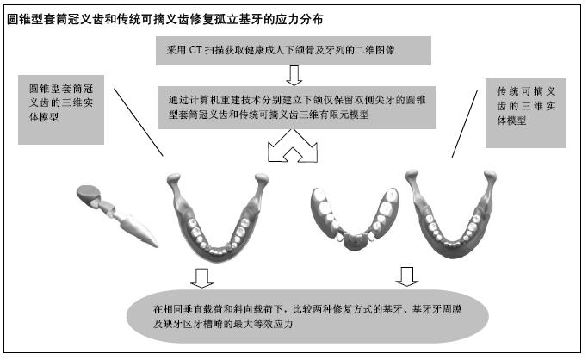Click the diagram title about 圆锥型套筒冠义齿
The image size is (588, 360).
click(x=165, y=19)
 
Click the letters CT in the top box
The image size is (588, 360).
click(x=195, y=50)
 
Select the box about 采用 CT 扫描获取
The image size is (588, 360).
click(x=294, y=51)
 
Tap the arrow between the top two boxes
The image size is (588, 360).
click(x=294, y=76)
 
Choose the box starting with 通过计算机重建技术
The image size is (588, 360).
click(x=297, y=108)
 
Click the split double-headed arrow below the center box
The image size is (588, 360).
click(x=293, y=146)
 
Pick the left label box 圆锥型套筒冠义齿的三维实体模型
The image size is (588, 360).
click(x=61, y=109)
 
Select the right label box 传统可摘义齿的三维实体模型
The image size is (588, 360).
click(x=526, y=113)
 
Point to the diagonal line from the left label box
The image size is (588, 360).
click(x=139, y=122)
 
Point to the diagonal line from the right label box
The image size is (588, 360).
click(x=465, y=124)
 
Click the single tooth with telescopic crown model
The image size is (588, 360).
click(x=117, y=215)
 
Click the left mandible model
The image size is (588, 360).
click(x=218, y=216)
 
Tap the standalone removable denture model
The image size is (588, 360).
click(x=355, y=219)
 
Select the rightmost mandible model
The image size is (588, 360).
click(x=451, y=214)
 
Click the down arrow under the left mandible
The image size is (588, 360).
click(x=201, y=278)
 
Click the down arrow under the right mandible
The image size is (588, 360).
click(x=407, y=276)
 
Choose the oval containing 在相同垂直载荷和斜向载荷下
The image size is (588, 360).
click(x=307, y=316)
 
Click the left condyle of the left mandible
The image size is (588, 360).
click(x=174, y=179)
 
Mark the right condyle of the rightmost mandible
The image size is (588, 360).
click(x=490, y=176)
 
